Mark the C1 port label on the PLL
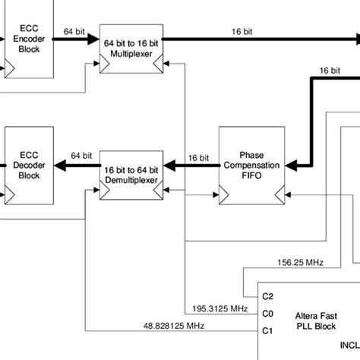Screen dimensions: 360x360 (x=267, y=330)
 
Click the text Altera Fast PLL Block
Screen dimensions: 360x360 (x=315, y=319)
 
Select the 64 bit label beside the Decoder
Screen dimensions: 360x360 (x=79, y=155)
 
